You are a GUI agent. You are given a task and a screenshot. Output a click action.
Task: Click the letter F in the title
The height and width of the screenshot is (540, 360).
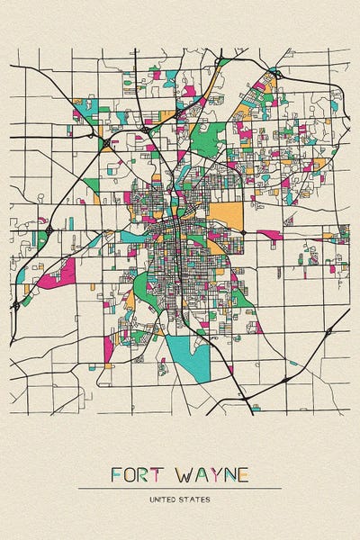click(116, 474)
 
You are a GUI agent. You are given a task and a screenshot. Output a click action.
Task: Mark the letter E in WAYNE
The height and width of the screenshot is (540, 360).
click(247, 474)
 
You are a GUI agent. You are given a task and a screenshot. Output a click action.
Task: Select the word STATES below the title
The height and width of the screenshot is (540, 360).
click(195, 499)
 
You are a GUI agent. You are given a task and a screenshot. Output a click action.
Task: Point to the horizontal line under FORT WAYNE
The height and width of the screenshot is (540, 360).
click(180, 489)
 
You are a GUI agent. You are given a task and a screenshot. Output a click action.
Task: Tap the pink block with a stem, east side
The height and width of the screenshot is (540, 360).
click(270, 236)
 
